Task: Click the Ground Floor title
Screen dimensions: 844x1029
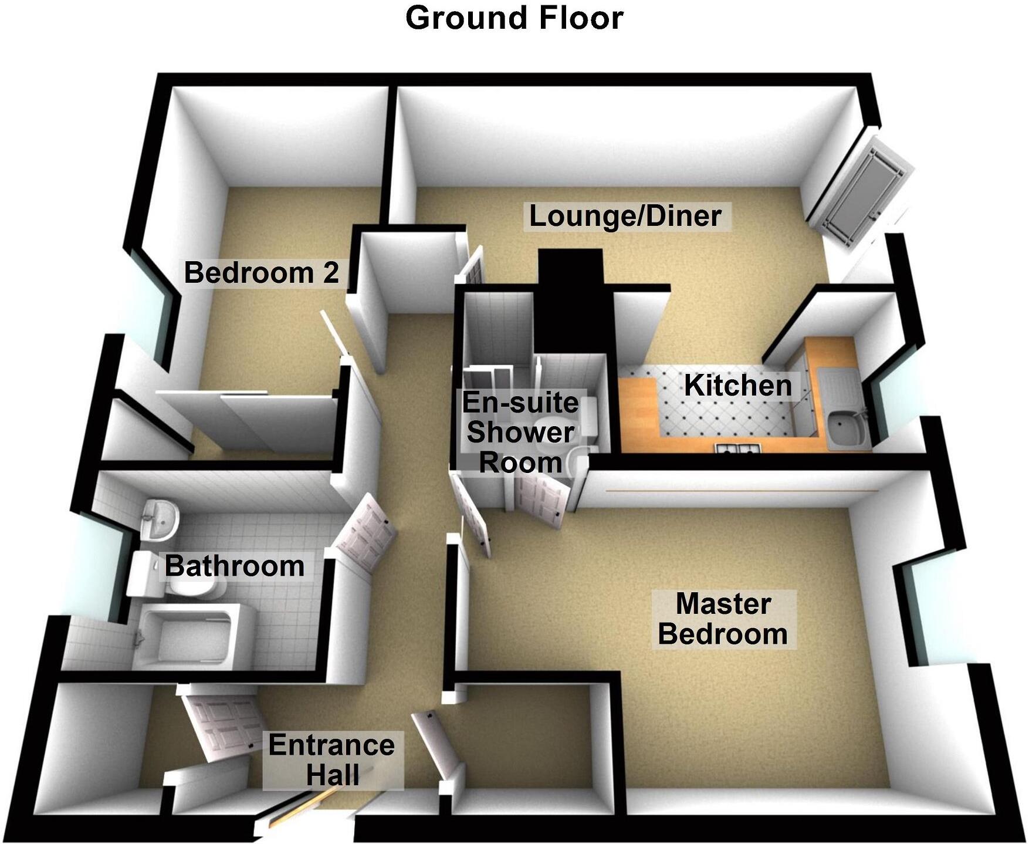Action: (514, 18)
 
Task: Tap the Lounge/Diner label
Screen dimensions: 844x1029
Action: (625, 216)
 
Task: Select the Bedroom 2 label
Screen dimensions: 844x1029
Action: (262, 273)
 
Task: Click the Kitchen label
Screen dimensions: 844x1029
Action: (737, 386)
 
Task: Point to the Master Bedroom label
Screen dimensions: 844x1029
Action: (723, 619)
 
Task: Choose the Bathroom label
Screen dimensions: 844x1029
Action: (235, 566)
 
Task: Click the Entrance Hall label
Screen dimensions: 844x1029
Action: (332, 760)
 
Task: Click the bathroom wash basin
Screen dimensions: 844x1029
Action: (159, 519)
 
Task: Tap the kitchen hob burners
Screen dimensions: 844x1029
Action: (737, 450)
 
